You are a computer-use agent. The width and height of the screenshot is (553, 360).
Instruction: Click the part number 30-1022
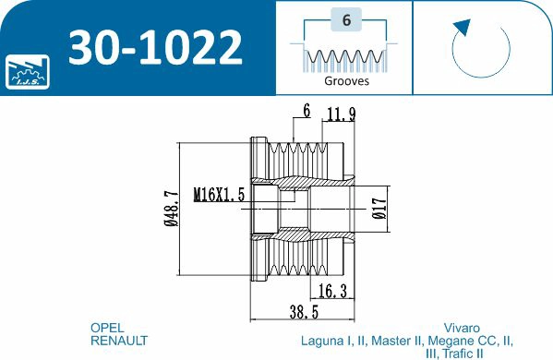click(156, 45)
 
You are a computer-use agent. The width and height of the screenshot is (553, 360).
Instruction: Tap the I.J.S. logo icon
click(25, 69)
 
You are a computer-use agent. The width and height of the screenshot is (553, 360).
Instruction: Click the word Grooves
click(346, 80)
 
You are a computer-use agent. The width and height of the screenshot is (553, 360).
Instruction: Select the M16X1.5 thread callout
click(219, 195)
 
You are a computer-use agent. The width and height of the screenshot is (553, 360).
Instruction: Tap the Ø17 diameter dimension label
click(379, 209)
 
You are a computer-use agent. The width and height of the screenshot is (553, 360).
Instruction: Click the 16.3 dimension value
click(332, 292)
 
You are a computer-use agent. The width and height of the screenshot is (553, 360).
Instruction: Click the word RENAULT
click(119, 341)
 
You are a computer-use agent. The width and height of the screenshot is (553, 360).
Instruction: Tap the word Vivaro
click(462, 328)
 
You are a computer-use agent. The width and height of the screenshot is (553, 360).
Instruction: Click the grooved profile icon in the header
click(345, 58)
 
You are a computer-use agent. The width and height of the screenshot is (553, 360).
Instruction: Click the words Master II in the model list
click(393, 341)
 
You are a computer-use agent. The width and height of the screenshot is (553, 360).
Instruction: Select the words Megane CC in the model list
click(464, 341)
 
